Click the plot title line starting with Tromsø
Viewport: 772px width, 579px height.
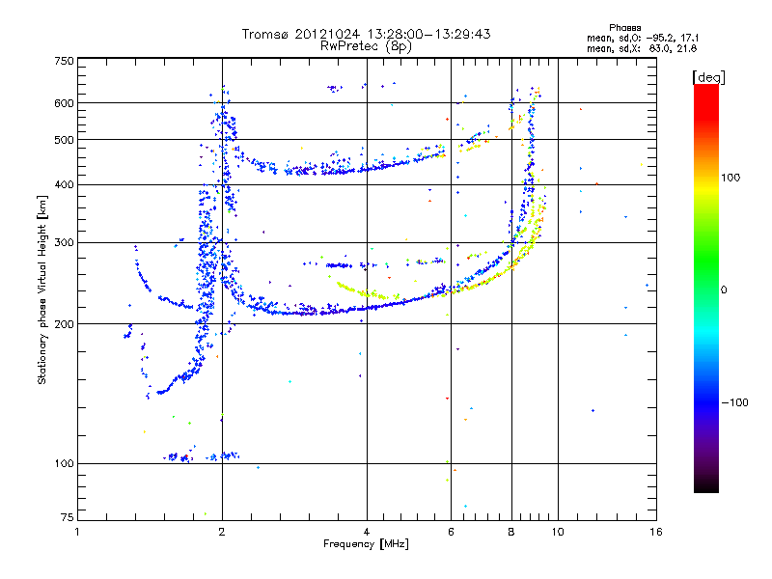[366, 34]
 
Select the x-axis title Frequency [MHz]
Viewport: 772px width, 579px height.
[366, 545]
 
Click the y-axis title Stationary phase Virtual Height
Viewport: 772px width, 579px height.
[42, 289]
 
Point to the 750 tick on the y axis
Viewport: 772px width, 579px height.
[64, 60]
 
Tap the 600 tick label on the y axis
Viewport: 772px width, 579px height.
[64, 103]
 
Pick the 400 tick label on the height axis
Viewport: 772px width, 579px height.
[64, 185]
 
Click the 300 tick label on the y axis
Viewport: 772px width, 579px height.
[64, 243]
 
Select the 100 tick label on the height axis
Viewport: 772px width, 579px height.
[64, 464]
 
